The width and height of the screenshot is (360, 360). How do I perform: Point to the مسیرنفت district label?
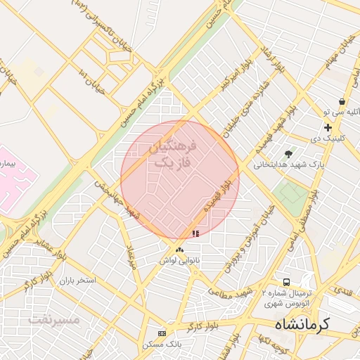(x=54, y=320)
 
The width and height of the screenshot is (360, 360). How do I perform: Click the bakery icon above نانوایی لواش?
(x=180, y=250)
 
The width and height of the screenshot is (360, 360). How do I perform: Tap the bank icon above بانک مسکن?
(x=162, y=333)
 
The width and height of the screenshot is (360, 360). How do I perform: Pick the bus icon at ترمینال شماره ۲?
(x=286, y=280)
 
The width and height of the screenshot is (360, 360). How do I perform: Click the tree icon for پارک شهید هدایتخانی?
(x=288, y=153)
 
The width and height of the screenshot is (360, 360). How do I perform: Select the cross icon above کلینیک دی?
(x=328, y=127)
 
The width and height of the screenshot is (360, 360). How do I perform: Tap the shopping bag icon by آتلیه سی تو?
(x=342, y=101)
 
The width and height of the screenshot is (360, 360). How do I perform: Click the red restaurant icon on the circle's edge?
(x=195, y=233)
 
